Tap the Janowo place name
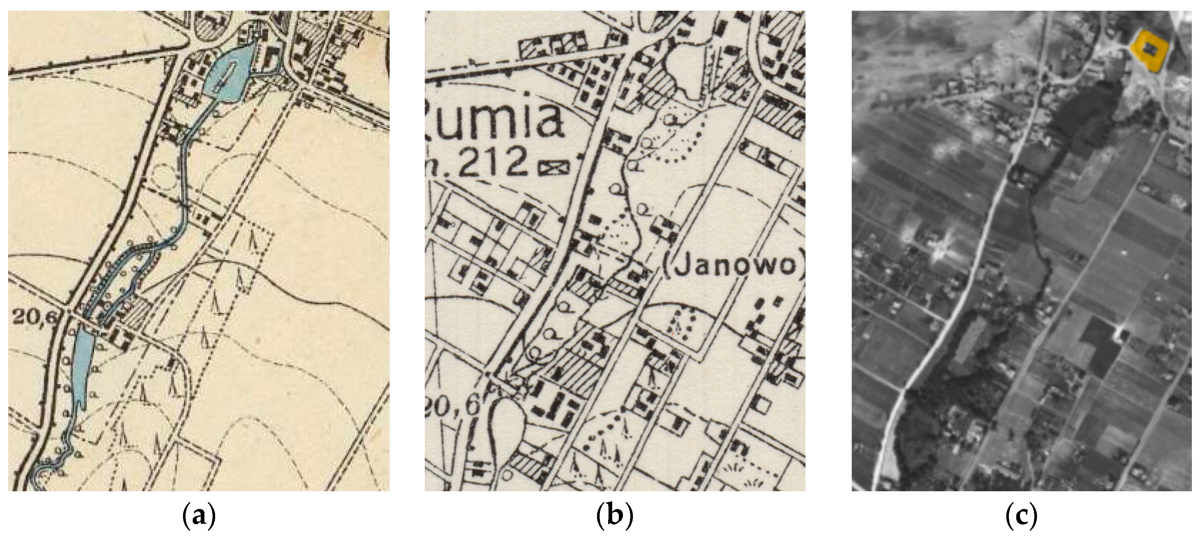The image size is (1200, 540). tap(735, 265)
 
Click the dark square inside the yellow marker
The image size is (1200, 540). tap(1150, 48)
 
